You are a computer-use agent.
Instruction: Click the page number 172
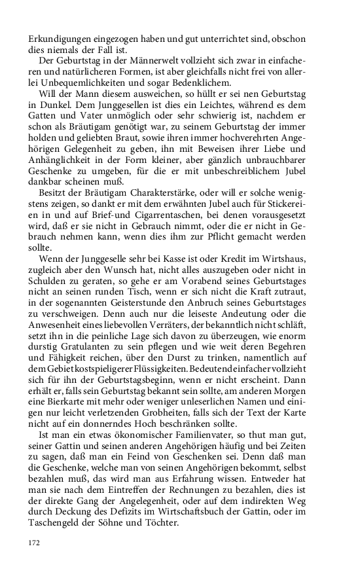pyautogui.click(x=34, y=543)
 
